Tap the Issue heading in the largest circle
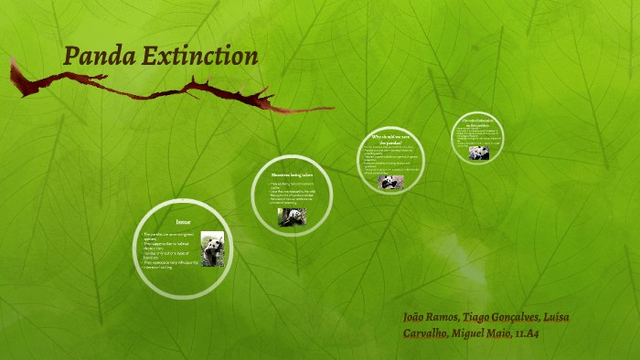pos(183,222)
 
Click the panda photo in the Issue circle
pos(213,249)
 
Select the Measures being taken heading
pos(293,174)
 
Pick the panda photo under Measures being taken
pos(293,217)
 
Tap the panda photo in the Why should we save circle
pos(391,182)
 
